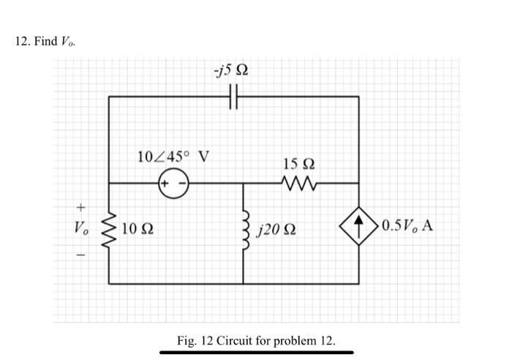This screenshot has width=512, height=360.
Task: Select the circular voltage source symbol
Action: [174, 183]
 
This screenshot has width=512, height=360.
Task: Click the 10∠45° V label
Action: [173, 156]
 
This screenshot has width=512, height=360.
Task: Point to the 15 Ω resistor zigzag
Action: [300, 183]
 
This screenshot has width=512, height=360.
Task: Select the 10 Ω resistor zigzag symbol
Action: [110, 229]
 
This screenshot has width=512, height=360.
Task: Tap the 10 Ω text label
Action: [138, 229]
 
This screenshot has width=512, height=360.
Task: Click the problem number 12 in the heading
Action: [21, 40]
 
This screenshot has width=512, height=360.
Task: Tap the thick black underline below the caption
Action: [256, 353]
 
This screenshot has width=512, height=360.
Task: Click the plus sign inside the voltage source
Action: [167, 183]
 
